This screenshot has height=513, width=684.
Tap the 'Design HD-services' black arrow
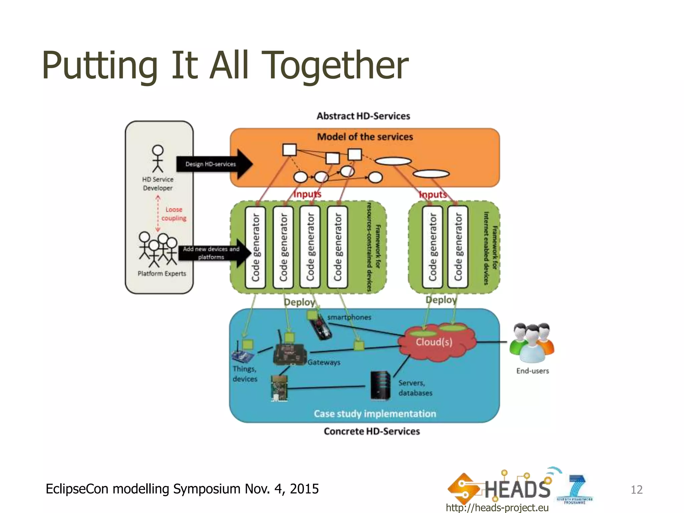[x=214, y=164]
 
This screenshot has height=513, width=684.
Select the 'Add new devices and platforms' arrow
[x=214, y=253]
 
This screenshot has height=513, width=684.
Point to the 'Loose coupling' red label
[x=174, y=214]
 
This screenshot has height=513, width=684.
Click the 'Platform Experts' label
[x=162, y=274]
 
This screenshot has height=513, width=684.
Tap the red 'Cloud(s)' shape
[x=434, y=342]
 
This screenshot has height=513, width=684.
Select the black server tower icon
[x=380, y=386]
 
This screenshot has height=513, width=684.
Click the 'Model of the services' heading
[x=365, y=137]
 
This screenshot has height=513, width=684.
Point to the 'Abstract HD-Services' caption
[x=363, y=116]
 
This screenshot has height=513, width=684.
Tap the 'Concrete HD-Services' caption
[x=371, y=431]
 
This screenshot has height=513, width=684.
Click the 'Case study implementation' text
[x=375, y=414]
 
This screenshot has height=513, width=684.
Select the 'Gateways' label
[x=324, y=362]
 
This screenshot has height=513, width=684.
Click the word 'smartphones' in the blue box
[x=349, y=317]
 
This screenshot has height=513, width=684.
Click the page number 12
[x=636, y=490]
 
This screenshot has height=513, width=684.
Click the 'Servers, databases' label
[x=415, y=388]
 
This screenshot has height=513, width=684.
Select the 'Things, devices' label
[x=245, y=374]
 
